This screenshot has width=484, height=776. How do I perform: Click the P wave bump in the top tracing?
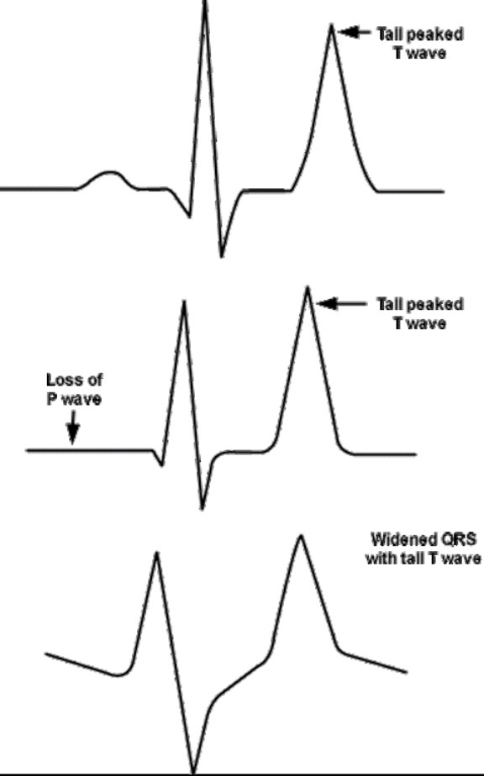pos(110,173)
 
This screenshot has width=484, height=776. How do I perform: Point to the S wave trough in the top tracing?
pos(222,256)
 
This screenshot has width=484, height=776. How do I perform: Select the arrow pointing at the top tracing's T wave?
pos(355,33)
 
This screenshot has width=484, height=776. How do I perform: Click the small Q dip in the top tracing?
pos(189,216)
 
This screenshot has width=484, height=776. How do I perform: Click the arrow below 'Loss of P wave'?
pos(73,427)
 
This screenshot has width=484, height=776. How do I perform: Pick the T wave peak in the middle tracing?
pos(308,288)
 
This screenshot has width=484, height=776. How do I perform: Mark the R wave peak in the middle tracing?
pos(184,301)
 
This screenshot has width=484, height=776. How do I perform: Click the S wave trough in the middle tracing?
pos(202,507)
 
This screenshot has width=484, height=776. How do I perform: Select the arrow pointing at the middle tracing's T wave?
pos(341,303)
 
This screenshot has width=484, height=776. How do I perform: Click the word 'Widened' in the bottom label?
pos(400,538)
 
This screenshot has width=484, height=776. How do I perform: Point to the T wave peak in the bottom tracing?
pos(300,537)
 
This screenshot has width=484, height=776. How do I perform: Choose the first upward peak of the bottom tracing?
pos(156,553)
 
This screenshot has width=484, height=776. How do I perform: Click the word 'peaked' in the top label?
pos(438,34)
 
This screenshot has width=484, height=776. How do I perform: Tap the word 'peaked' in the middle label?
pos(438,304)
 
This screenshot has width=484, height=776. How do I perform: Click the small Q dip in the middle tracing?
pos(161,464)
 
